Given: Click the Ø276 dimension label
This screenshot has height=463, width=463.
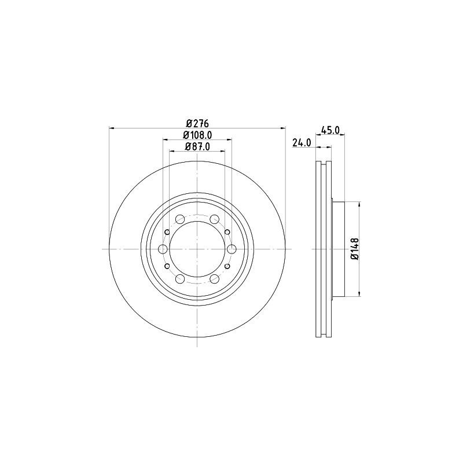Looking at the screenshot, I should (x=197, y=123).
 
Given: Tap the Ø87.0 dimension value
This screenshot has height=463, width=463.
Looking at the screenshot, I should (x=197, y=147).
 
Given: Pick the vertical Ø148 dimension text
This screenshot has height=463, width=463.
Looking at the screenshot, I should (x=355, y=249).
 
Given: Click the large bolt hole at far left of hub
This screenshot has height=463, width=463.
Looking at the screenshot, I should (x=163, y=249).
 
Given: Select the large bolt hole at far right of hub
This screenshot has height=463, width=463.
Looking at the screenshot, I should (x=232, y=249).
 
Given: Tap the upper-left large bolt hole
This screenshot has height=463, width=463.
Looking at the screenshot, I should (x=180, y=219).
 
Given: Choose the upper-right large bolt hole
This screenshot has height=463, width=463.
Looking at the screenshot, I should (x=215, y=219).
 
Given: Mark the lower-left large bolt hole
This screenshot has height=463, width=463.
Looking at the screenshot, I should (x=180, y=279).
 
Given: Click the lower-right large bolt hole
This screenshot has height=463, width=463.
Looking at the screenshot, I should (x=215, y=279).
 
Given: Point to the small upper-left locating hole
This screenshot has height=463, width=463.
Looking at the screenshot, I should (x=167, y=231).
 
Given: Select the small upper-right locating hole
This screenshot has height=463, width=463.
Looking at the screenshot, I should (x=227, y=231).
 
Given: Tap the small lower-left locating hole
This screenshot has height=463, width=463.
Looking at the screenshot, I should (x=167, y=266).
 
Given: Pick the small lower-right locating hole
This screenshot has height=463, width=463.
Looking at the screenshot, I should (x=227, y=266).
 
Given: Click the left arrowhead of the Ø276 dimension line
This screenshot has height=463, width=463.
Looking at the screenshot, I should (x=112, y=128).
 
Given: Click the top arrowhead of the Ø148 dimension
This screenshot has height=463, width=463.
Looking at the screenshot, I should (x=361, y=204).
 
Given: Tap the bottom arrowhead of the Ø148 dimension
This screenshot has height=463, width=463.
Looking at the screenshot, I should (x=361, y=293).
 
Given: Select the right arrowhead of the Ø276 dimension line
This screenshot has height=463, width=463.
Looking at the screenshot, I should (x=284, y=128).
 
